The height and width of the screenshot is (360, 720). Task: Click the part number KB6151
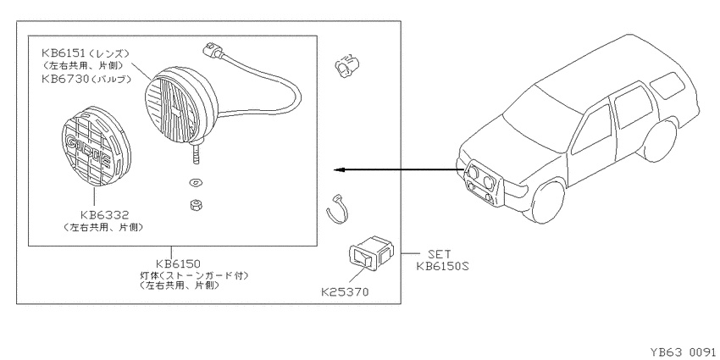point(63,53)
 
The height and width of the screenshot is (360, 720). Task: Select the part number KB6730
point(63,79)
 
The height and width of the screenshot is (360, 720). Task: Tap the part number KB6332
point(104,215)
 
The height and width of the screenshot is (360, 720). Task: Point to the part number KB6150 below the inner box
point(177,264)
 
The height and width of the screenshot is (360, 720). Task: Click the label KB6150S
point(442,266)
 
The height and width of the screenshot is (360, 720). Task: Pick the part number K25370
point(345,291)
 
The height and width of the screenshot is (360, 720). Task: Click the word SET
point(439,254)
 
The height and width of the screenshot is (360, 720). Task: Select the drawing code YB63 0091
point(683,352)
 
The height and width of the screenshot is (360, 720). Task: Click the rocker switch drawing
point(371,252)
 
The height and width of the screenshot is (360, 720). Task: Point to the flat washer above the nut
point(196,183)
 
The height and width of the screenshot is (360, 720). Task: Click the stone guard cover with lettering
point(96,147)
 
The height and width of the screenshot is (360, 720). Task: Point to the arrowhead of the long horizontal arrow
point(339,170)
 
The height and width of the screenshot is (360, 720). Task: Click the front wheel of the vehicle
point(548,202)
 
